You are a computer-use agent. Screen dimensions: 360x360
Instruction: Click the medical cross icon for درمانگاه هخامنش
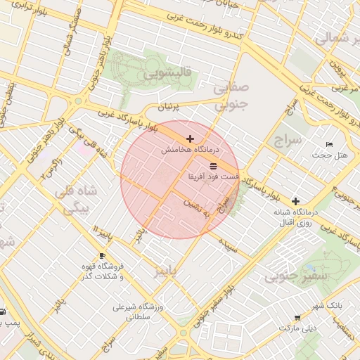191,139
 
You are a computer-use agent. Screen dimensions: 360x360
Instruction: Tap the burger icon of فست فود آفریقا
213,166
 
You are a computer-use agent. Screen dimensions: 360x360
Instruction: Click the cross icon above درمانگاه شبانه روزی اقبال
295,201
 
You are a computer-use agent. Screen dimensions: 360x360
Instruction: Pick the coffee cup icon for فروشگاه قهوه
103,255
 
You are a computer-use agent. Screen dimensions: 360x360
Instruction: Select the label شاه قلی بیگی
76,200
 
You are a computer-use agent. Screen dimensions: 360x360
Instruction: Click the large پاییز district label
168,271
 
